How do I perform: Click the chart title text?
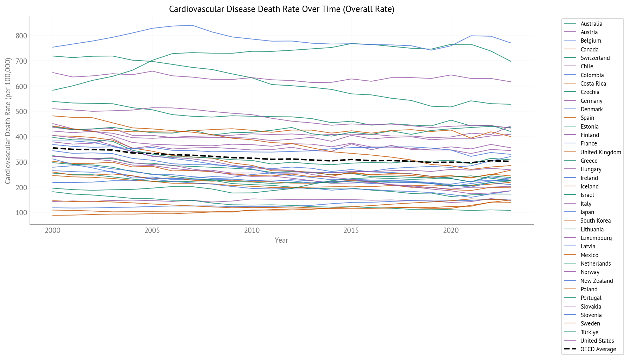281,9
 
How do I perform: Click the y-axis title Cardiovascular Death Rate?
8,121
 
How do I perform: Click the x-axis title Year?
281,240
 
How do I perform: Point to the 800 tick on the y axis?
21,36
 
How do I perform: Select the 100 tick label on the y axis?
21,213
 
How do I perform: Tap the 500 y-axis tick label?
21,112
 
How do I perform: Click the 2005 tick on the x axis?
152,231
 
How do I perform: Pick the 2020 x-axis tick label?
451,231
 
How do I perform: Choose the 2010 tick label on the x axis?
252,231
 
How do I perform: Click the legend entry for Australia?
591,24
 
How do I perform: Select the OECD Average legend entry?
598,349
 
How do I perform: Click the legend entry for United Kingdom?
600,152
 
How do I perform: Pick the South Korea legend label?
596,221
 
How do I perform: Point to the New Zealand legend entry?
597,281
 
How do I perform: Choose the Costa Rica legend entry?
593,83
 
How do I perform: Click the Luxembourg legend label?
596,238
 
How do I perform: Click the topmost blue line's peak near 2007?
192,25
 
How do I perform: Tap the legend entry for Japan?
587,212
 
